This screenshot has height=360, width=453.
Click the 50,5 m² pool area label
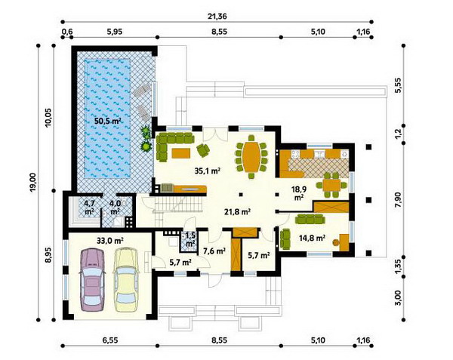pyautogui.click(x=107, y=121)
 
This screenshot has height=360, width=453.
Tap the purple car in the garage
pyautogui.click(x=92, y=280)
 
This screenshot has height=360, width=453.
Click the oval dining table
pyautogui.click(x=251, y=156)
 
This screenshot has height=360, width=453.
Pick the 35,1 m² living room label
pyautogui.click(x=208, y=171)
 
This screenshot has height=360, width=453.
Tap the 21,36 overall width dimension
pyautogui.click(x=217, y=17)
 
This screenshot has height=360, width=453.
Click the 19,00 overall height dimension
pyautogui.click(x=32, y=182)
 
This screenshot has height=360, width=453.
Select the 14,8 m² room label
pyautogui.click(x=312, y=238)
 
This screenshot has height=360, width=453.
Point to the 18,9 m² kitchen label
pyautogui.click(x=299, y=193)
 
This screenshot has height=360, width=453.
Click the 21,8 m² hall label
pyautogui.click(x=237, y=212)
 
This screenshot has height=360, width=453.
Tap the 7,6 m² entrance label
pyautogui.click(x=214, y=251)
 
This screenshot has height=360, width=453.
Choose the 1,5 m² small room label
pyautogui.click(x=190, y=239)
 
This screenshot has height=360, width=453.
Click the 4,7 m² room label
pyautogui.click(x=89, y=208)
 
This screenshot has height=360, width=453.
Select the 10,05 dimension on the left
pyautogui.click(x=48, y=117)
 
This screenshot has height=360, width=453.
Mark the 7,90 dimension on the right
pyautogui.click(x=399, y=200)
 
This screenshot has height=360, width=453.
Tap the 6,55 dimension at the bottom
pyautogui.click(x=110, y=340)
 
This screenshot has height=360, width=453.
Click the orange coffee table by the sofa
pyautogui.click(x=181, y=152)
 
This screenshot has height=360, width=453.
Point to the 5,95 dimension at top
pyautogui.click(x=115, y=32)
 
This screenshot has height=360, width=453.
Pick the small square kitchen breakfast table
pyautogui.click(x=331, y=185)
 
